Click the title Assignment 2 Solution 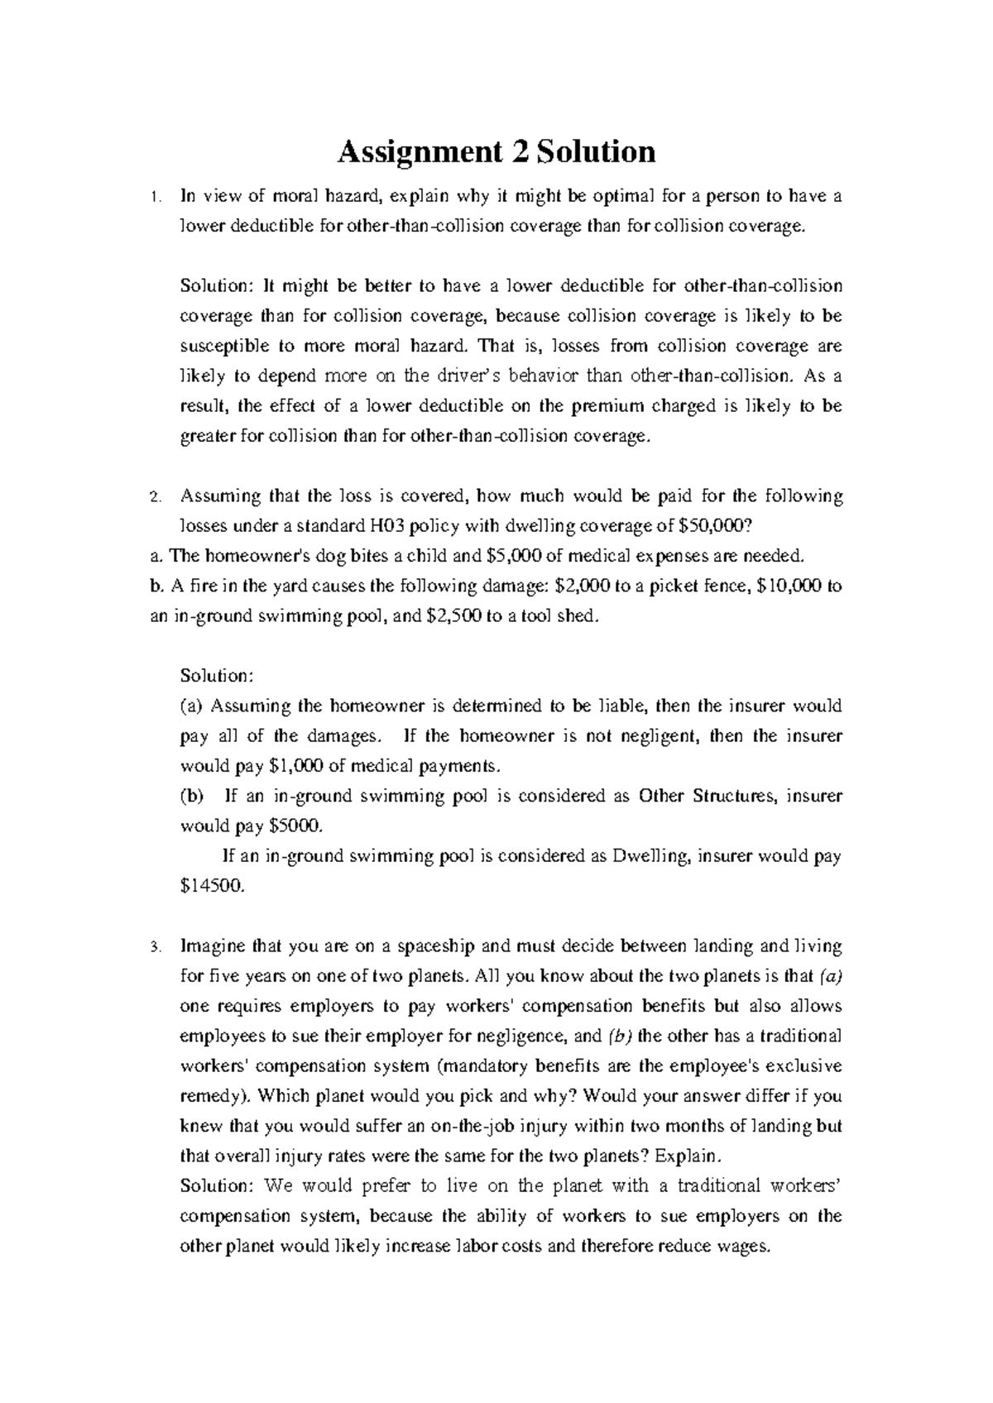point(496,152)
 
